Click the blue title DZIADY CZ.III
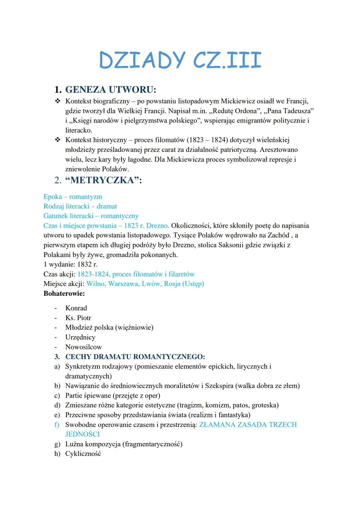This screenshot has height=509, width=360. tap(180, 60)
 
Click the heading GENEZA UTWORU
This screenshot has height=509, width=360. tap(110, 90)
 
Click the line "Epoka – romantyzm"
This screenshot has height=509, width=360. tap(73, 197)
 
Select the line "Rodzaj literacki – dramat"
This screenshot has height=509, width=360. tap(80, 206)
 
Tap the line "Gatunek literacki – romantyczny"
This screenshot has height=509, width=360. tap(91, 216)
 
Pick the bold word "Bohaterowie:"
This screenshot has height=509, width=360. tap(64, 294)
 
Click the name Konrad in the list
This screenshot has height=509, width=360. tap(76, 308)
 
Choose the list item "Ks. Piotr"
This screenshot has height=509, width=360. tap(78, 318)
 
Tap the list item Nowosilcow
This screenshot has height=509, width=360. tap(83, 347)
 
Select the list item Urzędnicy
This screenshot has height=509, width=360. tap(80, 337)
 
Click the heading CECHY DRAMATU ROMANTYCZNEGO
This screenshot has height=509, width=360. tap(135, 357)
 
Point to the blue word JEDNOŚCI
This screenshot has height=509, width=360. tap(82, 434)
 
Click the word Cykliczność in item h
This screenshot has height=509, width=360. tap(83, 454)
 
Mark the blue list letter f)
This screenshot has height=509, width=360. tap(57, 425)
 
